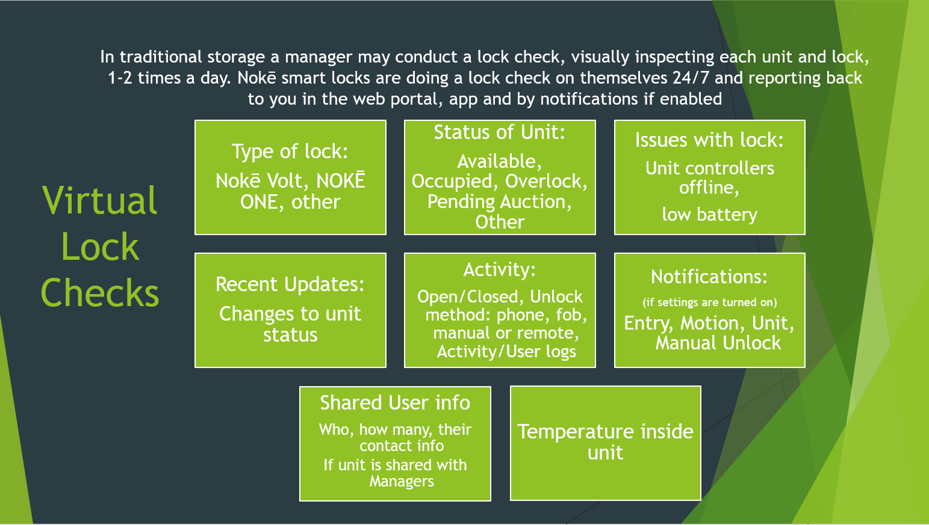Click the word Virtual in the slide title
click(x=99, y=200)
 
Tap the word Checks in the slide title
click(x=99, y=293)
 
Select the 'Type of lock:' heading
click(x=290, y=152)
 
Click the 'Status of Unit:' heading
click(x=499, y=132)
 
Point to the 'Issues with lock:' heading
click(x=709, y=140)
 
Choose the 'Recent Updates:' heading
click(x=290, y=284)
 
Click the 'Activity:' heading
click(x=499, y=270)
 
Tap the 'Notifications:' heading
click(x=709, y=277)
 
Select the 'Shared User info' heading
click(x=395, y=403)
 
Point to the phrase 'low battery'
click(x=710, y=215)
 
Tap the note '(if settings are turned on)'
click(x=710, y=302)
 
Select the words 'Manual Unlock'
click(x=718, y=343)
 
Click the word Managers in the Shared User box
click(x=402, y=482)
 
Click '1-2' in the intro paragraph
click(x=120, y=78)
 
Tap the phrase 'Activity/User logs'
click(x=506, y=352)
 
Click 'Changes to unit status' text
click(x=290, y=325)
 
